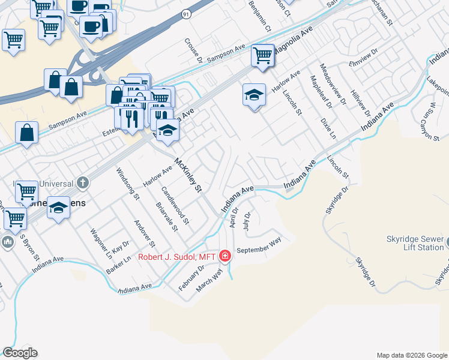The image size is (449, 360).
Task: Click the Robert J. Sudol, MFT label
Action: click(177, 257)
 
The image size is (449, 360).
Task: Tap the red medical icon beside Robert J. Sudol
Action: click(225, 256)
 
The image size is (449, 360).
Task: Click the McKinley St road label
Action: click(187, 175)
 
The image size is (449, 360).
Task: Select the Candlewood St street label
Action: click(175, 205)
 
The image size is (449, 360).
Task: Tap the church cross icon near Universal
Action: click(83, 182)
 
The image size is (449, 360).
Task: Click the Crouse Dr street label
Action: click(193, 50)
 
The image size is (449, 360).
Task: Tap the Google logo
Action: click(20, 353)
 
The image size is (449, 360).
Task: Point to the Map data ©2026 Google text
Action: click(411, 355)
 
